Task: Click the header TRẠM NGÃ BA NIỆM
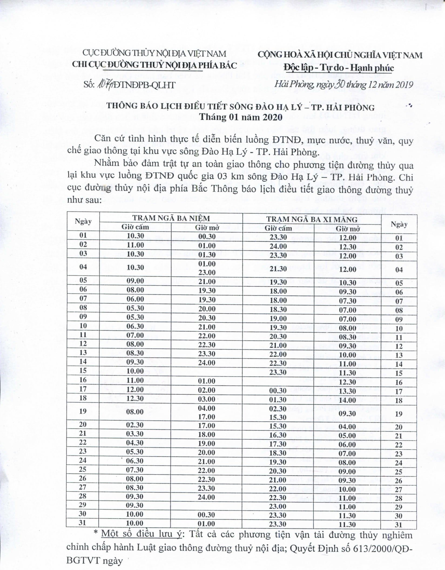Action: click(171, 218)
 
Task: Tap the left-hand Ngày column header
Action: click(83, 222)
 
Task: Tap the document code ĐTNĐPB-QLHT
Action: click(145, 85)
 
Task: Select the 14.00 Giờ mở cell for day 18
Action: click(348, 400)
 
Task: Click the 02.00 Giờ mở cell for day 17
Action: click(207, 390)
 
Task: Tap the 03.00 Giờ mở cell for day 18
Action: click(207, 399)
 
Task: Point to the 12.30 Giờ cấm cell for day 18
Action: click(135, 398)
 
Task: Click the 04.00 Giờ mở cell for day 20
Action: click(348, 427)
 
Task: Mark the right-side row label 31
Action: click(399, 525)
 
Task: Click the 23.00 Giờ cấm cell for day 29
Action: click(278, 507)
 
